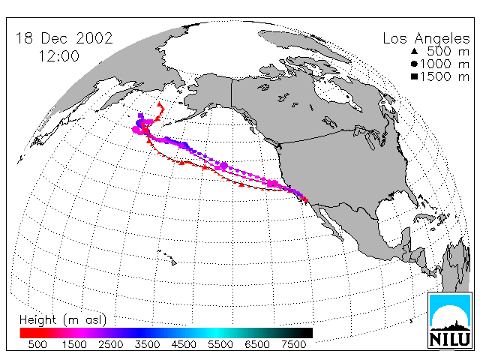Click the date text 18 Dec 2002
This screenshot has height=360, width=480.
[x=64, y=38]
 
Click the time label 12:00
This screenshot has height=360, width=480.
[x=58, y=56]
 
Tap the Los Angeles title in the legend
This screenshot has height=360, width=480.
[x=426, y=39]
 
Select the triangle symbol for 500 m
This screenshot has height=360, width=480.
[x=415, y=51]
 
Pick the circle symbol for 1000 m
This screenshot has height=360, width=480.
[x=415, y=64]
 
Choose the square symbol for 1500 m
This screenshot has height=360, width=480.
[x=415, y=76]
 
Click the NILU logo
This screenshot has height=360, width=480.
[x=450, y=320]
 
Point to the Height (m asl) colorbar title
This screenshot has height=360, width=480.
[x=63, y=320]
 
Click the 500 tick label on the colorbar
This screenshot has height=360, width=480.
[x=37, y=345]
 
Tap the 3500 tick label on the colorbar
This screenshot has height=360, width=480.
[x=147, y=345]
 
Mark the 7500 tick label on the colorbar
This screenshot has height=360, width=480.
[x=293, y=345]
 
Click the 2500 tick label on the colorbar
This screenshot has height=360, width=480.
[x=111, y=345]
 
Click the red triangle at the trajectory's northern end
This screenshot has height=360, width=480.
[x=159, y=104]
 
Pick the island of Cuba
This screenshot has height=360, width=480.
[x=426, y=217]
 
